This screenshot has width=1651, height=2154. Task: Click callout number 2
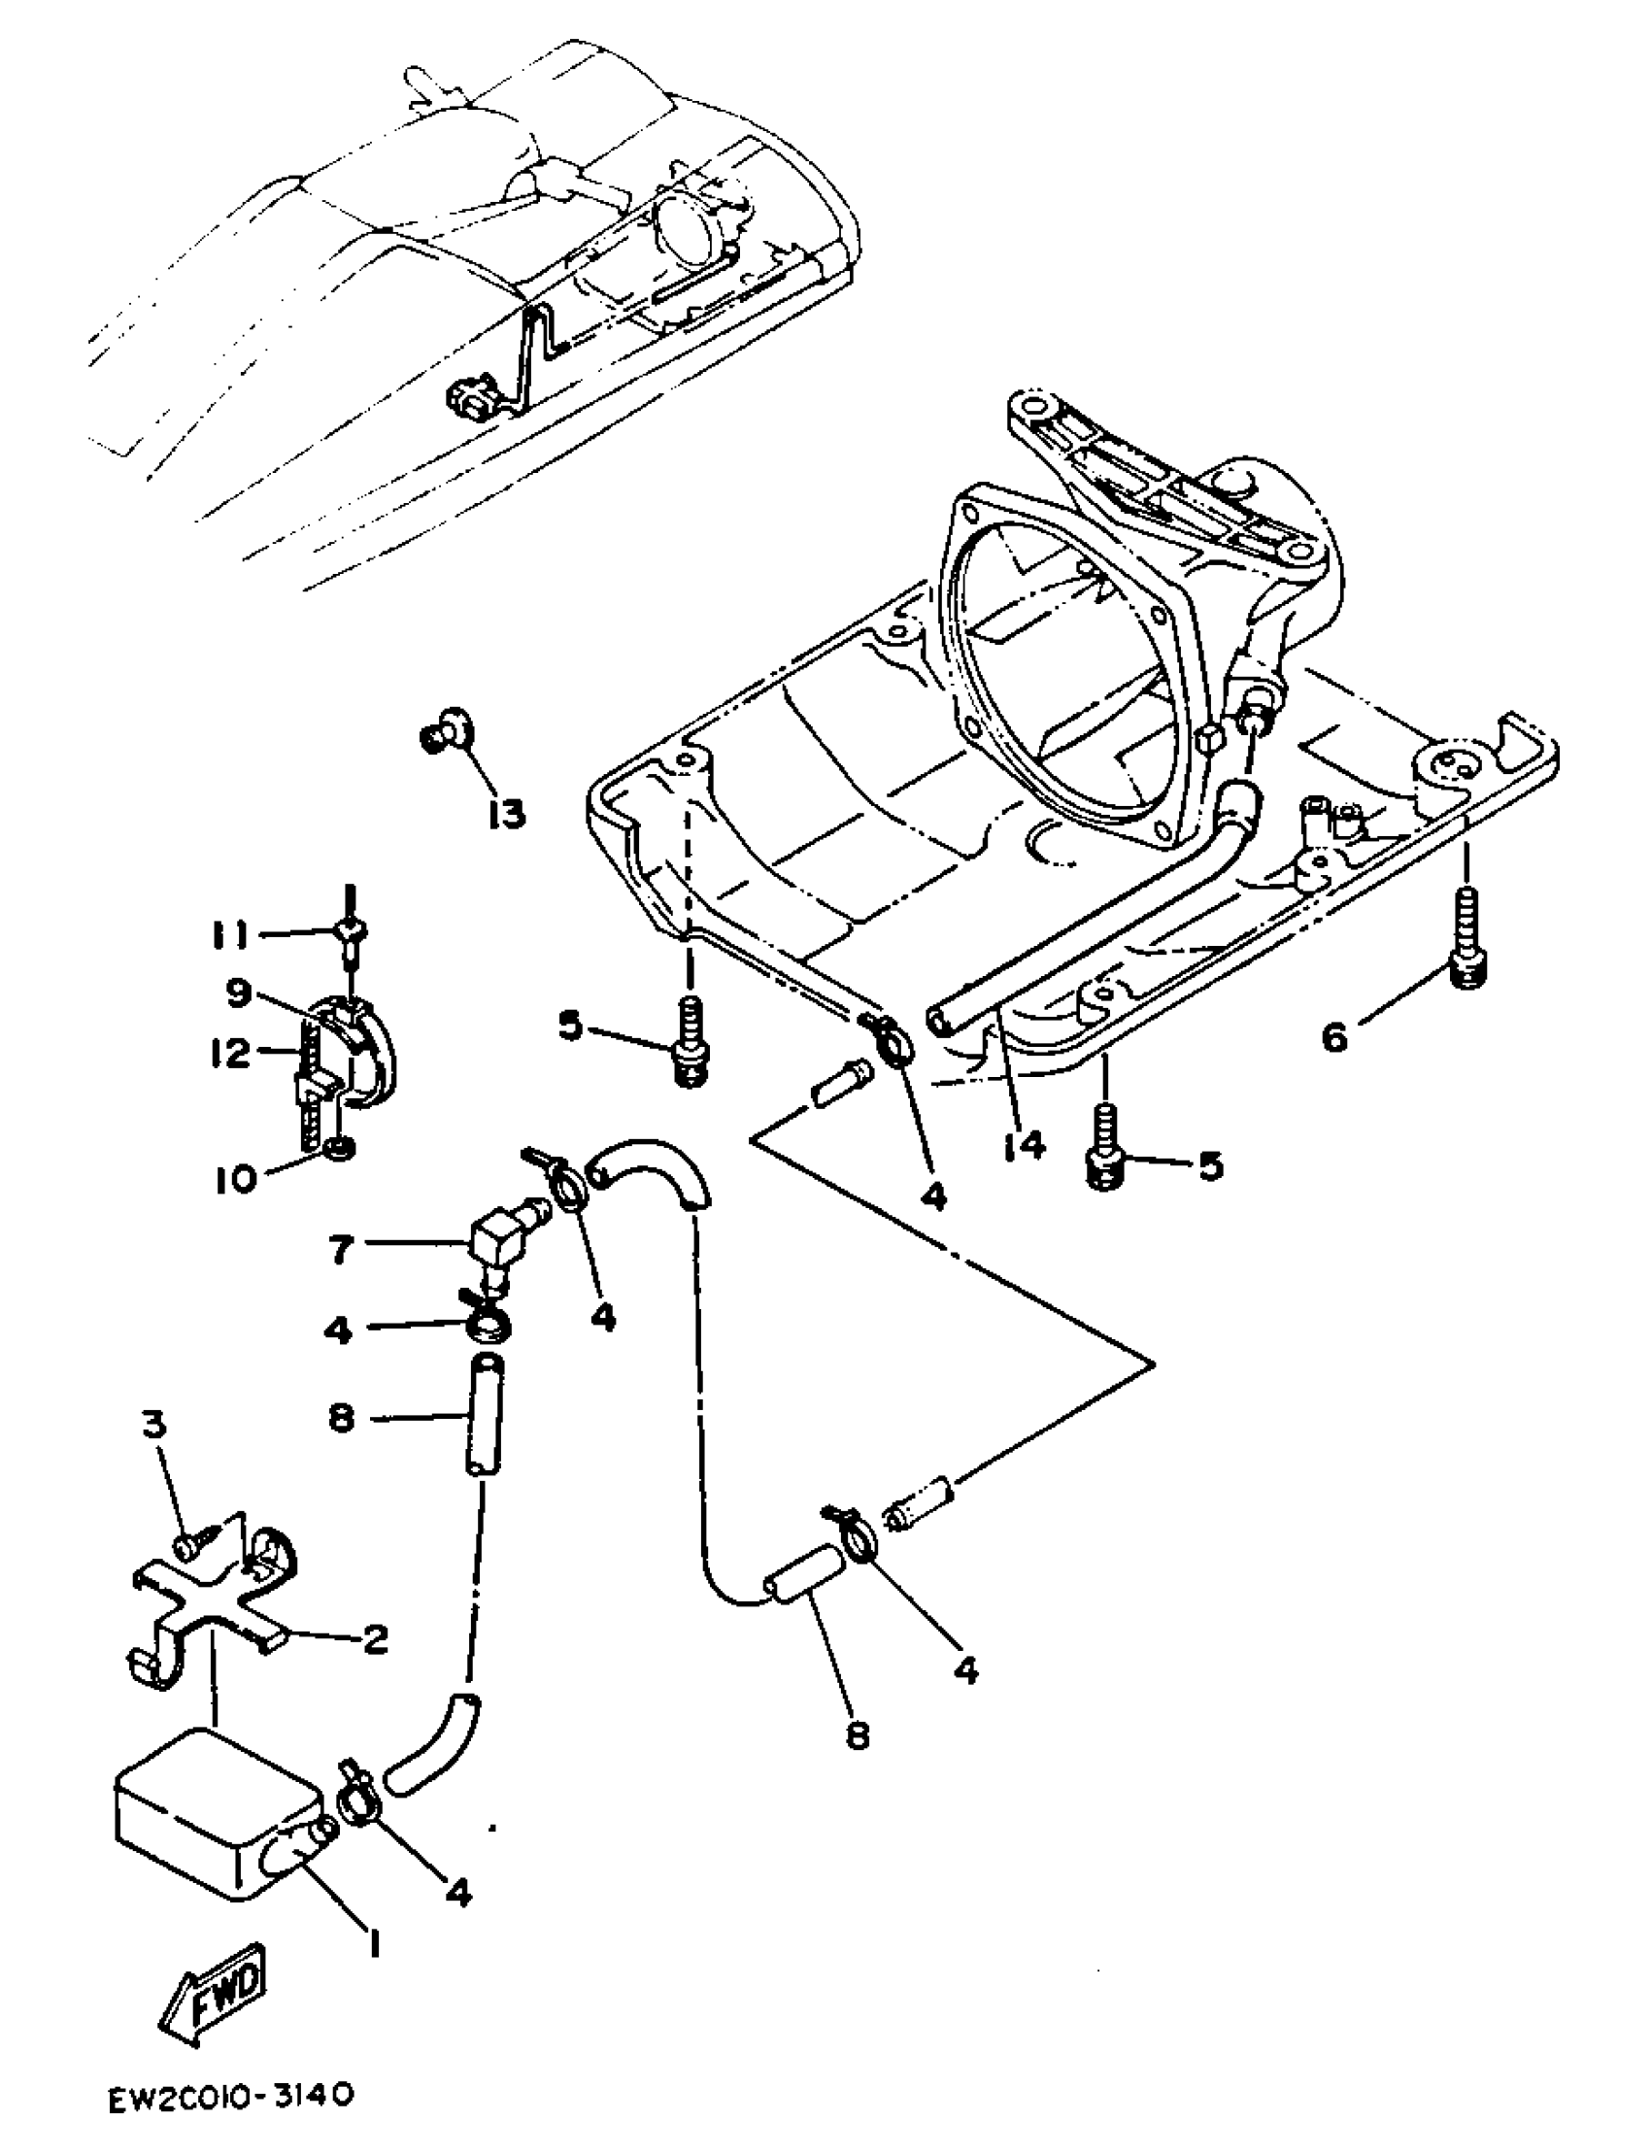coord(375,1638)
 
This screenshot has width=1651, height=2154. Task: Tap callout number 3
coord(155,1428)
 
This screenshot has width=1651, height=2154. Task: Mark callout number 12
coord(232,1055)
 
